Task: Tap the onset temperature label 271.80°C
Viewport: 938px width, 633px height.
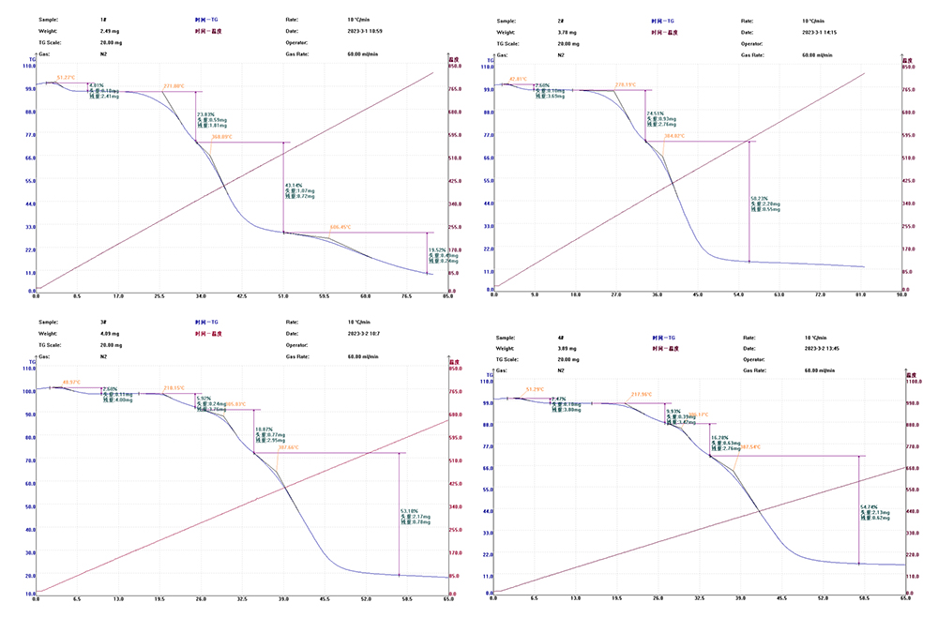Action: (x=174, y=86)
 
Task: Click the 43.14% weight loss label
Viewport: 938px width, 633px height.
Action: (x=293, y=185)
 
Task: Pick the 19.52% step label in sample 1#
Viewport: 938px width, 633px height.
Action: (x=437, y=249)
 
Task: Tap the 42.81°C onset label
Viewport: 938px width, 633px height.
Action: (x=519, y=79)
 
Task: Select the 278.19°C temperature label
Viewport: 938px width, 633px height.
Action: (x=626, y=85)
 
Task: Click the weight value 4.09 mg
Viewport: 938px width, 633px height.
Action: (x=108, y=333)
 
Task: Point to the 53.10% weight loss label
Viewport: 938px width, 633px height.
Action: (x=410, y=510)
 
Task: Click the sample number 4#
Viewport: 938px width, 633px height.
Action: (x=560, y=337)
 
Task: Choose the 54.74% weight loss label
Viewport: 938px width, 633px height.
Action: (x=870, y=506)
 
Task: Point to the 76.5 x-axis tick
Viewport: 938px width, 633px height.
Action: (x=406, y=295)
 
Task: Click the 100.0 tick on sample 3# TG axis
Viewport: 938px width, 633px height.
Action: (x=28, y=391)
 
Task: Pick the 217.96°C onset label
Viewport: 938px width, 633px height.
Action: (x=641, y=394)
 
